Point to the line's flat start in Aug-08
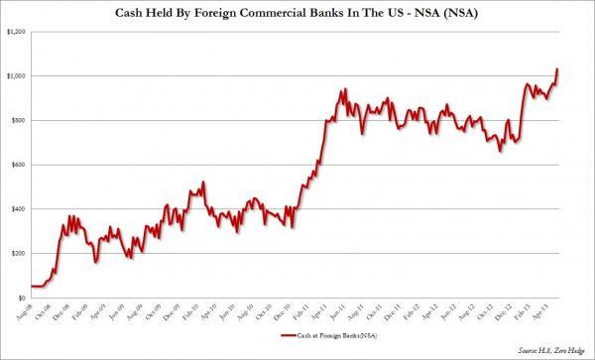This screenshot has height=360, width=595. click(40, 286)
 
